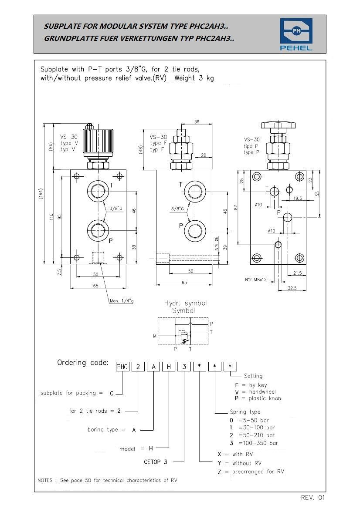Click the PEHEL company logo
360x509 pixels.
click(296, 34)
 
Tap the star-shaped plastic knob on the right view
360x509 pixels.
click(278, 125)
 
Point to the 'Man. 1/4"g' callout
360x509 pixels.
click(122, 301)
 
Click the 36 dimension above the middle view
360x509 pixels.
click(197, 122)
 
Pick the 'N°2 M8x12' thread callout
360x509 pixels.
click(256, 280)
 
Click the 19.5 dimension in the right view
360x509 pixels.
click(297, 198)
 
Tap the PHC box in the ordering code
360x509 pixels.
click(122, 367)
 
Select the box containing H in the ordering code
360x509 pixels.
click(169, 367)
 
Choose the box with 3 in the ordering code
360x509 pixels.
click(184, 367)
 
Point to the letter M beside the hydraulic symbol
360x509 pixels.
click(155, 336)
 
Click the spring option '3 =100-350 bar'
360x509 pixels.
click(254, 443)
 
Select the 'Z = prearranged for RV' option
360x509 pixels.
click(251, 472)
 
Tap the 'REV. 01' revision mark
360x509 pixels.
click(312, 498)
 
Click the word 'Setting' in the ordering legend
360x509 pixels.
click(253, 376)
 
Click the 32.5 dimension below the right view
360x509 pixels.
click(292, 288)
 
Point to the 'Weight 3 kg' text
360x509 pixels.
click(194, 78)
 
